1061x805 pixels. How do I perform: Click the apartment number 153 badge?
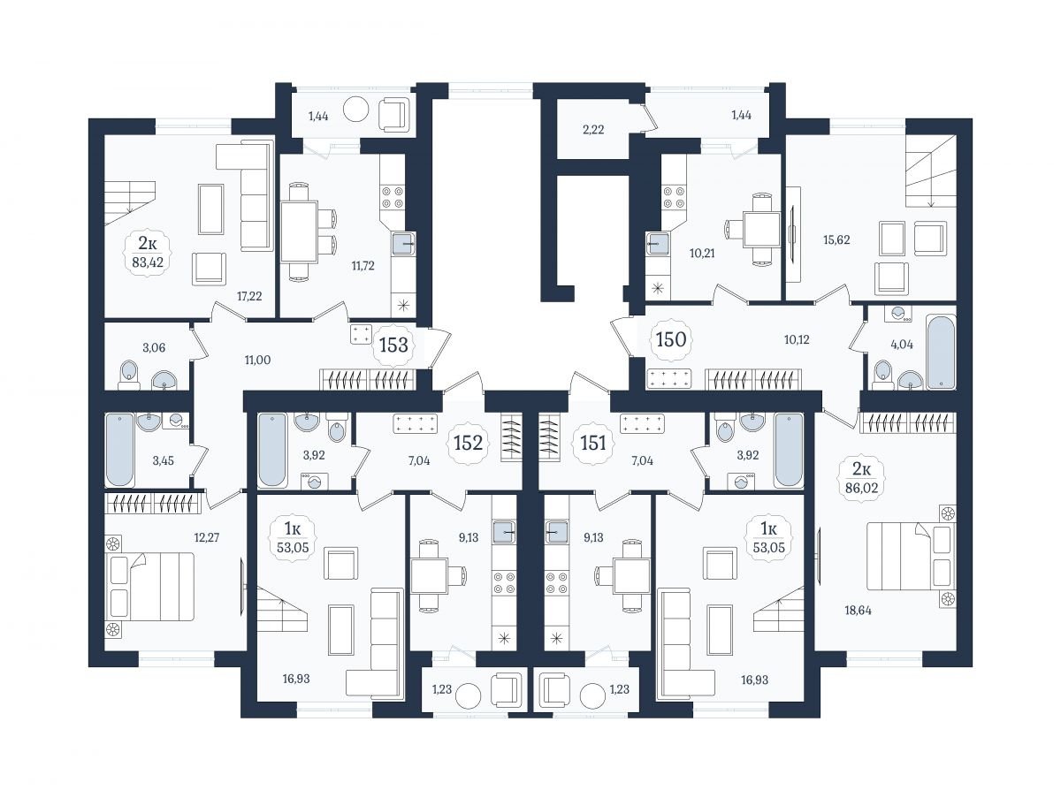[x=393, y=346]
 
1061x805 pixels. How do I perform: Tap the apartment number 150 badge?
[x=671, y=340]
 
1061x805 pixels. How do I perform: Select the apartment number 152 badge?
[x=468, y=443]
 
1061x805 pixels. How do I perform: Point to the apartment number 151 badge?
[x=592, y=443]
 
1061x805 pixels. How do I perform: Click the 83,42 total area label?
[x=148, y=262]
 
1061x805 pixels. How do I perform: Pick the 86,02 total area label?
[x=861, y=487]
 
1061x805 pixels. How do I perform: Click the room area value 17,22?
[x=249, y=296]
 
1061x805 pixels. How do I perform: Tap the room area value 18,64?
[x=858, y=611]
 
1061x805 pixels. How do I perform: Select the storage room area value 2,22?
[x=593, y=130]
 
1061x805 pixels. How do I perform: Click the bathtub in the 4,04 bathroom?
[x=941, y=351]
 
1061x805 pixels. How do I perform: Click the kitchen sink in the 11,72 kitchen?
[x=402, y=245]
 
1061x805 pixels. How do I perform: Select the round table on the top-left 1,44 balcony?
[x=355, y=110]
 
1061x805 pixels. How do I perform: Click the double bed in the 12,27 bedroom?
[x=149, y=586]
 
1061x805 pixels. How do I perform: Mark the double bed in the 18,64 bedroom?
[x=911, y=557]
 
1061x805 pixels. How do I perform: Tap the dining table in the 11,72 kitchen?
[x=299, y=232]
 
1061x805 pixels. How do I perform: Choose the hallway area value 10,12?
[x=796, y=339]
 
